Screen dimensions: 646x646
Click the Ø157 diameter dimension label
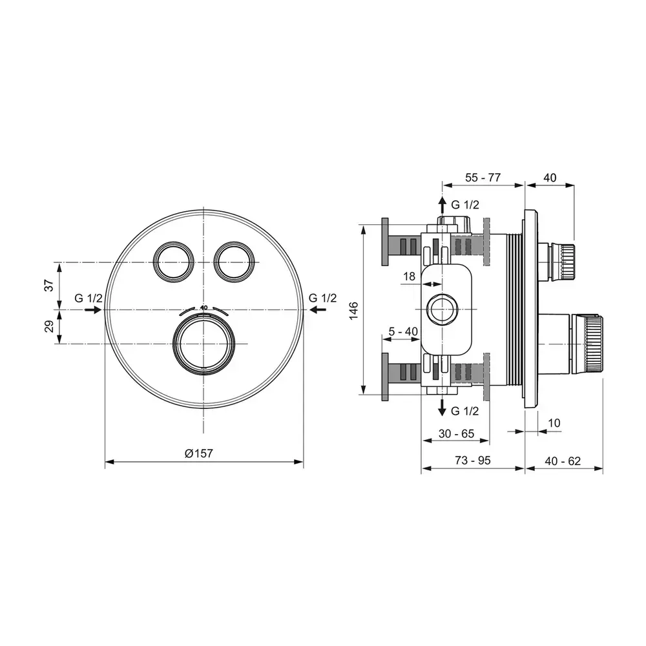[198, 453]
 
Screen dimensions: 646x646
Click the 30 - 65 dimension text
[455, 433]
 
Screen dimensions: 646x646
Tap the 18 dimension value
[409, 276]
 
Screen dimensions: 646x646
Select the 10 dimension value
[554, 423]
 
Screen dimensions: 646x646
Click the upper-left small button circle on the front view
[173, 262]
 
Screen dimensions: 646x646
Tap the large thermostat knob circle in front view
[203, 343]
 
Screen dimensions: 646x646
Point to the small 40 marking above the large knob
[204, 307]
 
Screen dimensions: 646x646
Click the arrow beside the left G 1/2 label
[92, 310]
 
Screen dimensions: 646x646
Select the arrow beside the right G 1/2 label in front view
[317, 310]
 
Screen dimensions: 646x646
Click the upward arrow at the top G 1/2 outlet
[442, 205]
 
